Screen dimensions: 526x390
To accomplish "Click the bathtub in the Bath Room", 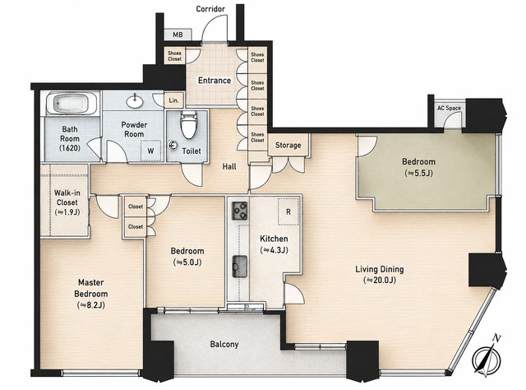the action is [72, 103].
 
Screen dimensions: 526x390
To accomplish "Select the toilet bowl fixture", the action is [188, 124].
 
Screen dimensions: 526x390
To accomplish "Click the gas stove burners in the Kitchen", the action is [239, 211].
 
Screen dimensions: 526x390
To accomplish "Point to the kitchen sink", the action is [239, 267].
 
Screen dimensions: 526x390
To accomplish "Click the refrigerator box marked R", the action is [288, 211].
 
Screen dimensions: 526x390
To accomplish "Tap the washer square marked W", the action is [150, 151].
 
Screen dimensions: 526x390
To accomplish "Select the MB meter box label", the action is [178, 35].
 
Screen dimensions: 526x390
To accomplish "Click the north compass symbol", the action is [486, 357].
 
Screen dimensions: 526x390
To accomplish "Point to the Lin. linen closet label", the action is [173, 100].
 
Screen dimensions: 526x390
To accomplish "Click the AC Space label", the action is [449, 108].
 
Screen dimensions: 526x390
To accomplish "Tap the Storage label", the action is [288, 145].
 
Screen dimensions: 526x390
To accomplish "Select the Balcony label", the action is [224, 344].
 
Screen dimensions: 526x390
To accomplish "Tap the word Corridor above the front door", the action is [210, 9].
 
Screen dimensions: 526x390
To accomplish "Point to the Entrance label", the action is [215, 81].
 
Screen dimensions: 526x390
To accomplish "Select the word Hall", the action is [229, 166].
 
